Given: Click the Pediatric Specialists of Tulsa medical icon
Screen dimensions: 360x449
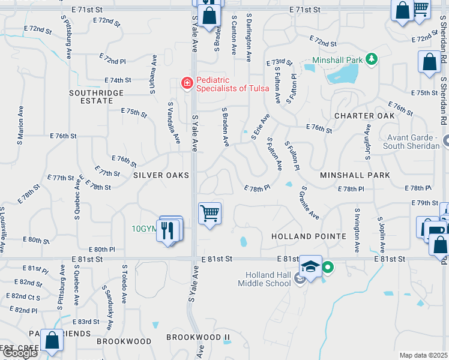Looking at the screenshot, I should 187,83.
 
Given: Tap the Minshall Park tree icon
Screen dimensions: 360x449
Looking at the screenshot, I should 372,59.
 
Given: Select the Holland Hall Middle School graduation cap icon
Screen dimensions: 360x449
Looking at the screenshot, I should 310,266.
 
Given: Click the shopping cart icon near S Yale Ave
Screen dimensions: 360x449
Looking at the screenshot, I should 209,213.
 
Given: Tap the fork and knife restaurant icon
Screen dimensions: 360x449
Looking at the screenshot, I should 167,229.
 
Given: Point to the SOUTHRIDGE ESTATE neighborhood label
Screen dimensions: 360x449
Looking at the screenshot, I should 96,97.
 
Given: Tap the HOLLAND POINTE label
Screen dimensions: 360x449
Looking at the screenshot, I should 309,236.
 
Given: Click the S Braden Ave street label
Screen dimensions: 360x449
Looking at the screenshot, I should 226,127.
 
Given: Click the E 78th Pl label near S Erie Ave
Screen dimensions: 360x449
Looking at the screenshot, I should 257,188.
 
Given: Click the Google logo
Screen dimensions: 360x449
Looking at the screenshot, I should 19,353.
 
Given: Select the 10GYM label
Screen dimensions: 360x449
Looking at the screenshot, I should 144,229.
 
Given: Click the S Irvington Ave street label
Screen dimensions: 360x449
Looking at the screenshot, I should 357,230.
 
